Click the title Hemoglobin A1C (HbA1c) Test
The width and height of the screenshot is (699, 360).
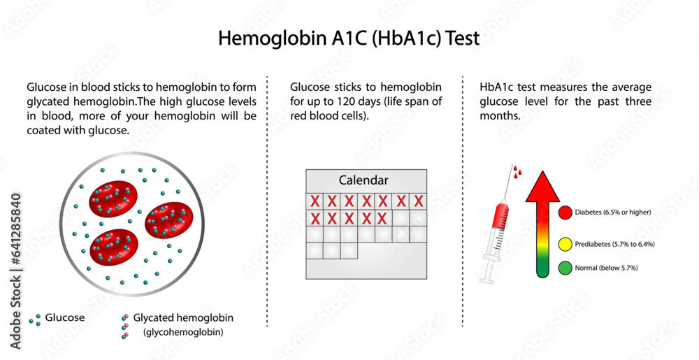349,38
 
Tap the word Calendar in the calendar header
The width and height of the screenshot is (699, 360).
363,180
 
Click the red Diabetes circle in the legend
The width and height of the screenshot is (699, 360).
565,213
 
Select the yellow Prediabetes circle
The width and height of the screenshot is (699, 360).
565,244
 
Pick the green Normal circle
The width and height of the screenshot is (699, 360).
565,268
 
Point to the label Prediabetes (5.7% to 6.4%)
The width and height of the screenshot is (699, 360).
615,244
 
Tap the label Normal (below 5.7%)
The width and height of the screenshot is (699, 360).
607,268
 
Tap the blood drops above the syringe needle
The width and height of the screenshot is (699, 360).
517,170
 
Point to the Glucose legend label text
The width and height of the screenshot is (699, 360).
65,317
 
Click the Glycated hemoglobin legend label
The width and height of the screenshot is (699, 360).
187,317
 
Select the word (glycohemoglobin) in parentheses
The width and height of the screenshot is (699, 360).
183,332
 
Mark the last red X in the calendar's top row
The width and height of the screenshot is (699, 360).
419,201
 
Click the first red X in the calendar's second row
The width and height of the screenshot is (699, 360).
315,218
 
